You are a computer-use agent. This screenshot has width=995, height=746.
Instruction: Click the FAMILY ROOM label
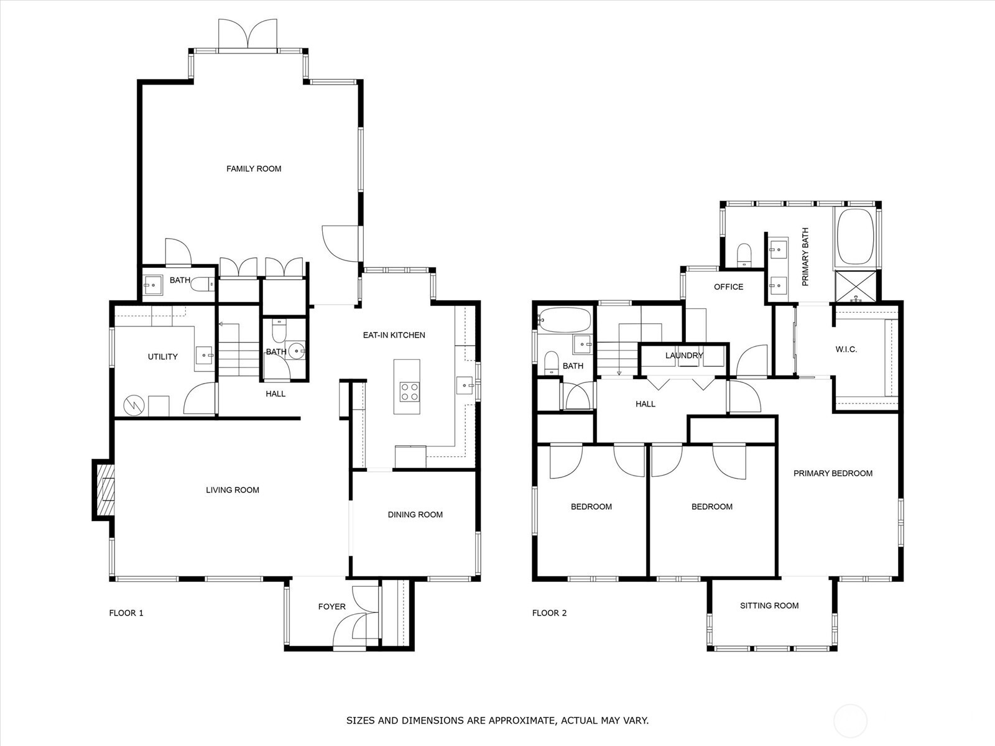click(254, 169)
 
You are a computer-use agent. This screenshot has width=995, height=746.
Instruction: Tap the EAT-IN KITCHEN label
click(394, 335)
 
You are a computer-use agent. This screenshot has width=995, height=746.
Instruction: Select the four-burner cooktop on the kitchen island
click(409, 392)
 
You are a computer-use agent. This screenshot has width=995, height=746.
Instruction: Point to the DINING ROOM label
click(415, 515)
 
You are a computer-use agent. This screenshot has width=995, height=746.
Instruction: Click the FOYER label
click(332, 607)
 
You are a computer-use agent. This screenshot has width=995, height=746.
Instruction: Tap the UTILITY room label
click(163, 357)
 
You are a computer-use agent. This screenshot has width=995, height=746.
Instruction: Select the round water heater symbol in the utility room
click(134, 405)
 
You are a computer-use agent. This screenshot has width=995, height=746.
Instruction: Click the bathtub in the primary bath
click(855, 236)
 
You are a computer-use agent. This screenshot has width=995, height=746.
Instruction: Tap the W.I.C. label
click(846, 349)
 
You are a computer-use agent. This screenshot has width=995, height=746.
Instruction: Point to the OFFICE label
click(728, 287)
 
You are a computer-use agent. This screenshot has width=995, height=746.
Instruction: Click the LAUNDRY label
click(684, 356)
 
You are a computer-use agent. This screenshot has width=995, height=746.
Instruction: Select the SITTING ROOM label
click(769, 606)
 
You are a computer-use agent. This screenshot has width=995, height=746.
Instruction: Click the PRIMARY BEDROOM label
click(833, 473)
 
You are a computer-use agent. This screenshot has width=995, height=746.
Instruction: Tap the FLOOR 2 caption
click(549, 613)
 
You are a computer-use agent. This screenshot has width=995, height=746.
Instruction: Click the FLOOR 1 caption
click(126, 613)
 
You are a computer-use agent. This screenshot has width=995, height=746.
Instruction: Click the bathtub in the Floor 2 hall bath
click(565, 320)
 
